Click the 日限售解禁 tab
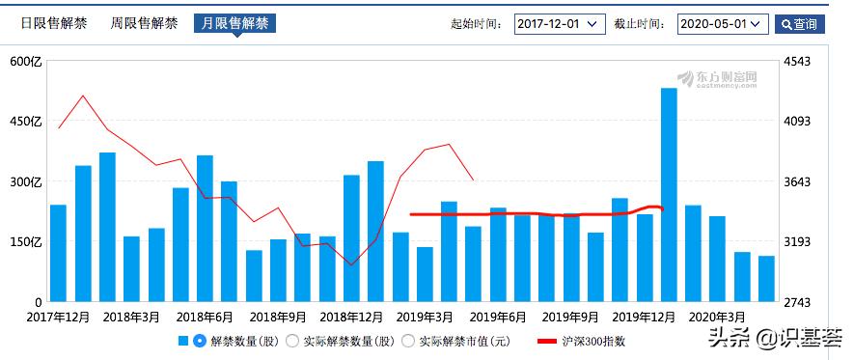coord(54,23)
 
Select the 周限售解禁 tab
coord(144,23)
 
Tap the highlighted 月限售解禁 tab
coord(234,23)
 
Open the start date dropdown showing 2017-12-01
coord(559,24)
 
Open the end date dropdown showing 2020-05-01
coord(723,24)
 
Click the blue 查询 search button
coord(800,24)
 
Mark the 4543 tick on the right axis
coord(802,62)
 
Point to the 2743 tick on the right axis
coord(802,302)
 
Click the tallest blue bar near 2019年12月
coord(669,193)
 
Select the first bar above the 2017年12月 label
coord(58,253)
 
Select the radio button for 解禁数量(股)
coord(200,341)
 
